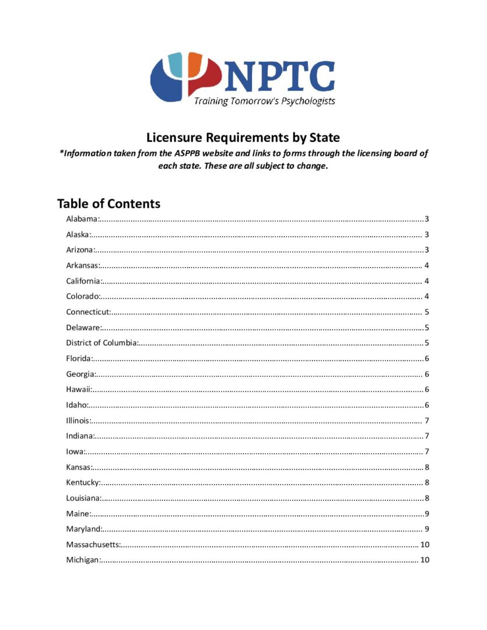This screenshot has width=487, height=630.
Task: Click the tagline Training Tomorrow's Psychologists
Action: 264,101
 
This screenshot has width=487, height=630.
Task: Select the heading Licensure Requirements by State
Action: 243,138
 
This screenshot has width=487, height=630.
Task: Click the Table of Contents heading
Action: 108,204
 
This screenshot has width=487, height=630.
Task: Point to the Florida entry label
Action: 79,359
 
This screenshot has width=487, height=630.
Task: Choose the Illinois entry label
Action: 78,421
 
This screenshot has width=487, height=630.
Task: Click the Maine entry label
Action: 78,514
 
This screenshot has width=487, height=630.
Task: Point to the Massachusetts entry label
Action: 93,545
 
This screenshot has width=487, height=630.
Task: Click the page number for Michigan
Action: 425,560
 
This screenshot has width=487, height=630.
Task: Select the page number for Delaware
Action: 428,328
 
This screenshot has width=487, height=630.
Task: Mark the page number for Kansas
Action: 428,467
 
